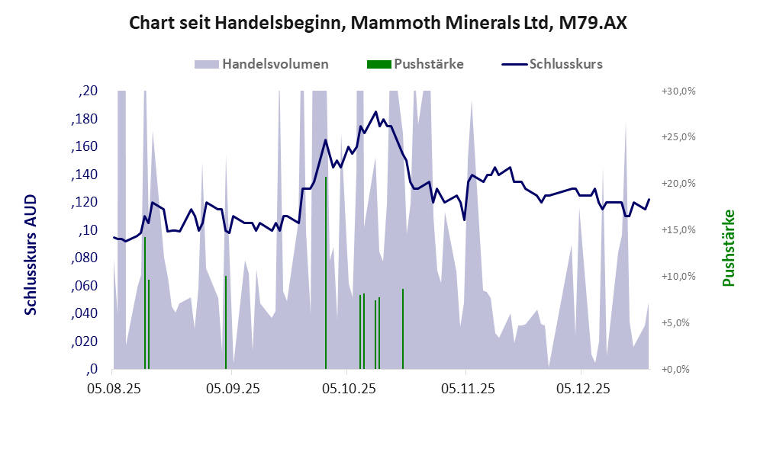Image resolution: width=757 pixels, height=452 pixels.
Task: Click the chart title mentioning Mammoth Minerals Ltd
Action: (378, 23)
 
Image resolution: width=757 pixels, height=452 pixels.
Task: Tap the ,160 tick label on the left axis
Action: (84, 147)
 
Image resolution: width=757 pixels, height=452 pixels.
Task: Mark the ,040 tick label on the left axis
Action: (84, 313)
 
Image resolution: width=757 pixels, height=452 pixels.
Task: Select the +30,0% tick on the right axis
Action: (677, 91)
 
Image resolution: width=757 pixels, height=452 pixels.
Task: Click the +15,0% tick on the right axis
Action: (677, 230)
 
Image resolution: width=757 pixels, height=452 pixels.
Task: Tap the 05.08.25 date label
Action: (113, 389)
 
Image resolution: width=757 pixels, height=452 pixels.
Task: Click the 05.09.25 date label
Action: (230, 389)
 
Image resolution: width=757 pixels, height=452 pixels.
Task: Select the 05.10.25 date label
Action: (347, 389)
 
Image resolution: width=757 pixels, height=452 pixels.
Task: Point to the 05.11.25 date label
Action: (468, 389)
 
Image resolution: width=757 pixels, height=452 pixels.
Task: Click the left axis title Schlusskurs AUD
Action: (31, 254)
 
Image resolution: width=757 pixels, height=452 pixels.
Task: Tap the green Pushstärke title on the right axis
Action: (728, 248)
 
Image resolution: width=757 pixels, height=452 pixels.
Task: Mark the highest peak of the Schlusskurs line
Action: (375, 112)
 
